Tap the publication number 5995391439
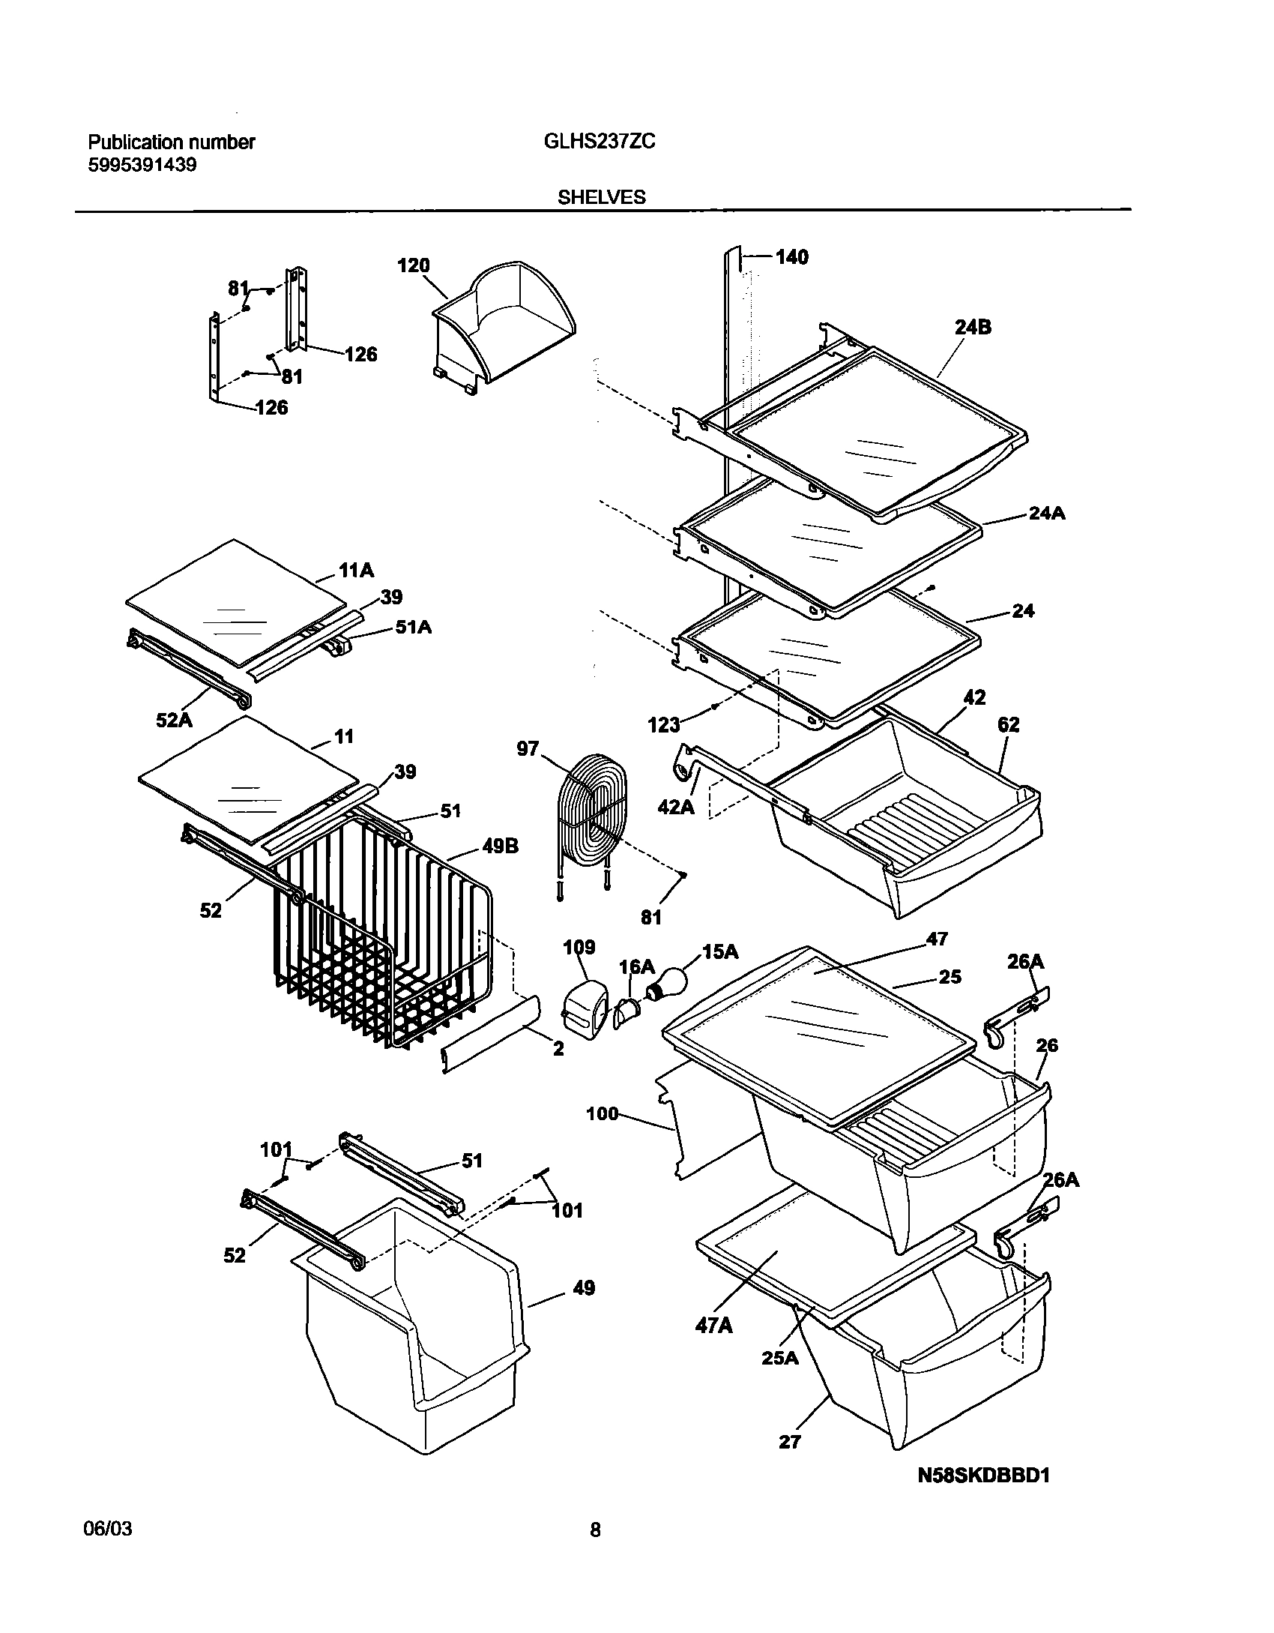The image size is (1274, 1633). pyautogui.click(x=142, y=165)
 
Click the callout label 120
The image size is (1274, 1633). pyautogui.click(x=413, y=265)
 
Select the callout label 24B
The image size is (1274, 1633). pyautogui.click(x=973, y=327)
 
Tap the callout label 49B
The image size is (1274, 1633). pyautogui.click(x=501, y=846)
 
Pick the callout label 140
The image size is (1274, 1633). pyautogui.click(x=792, y=257)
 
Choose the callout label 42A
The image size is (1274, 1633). pyautogui.click(x=675, y=805)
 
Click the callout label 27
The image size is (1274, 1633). pyautogui.click(x=790, y=1442)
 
